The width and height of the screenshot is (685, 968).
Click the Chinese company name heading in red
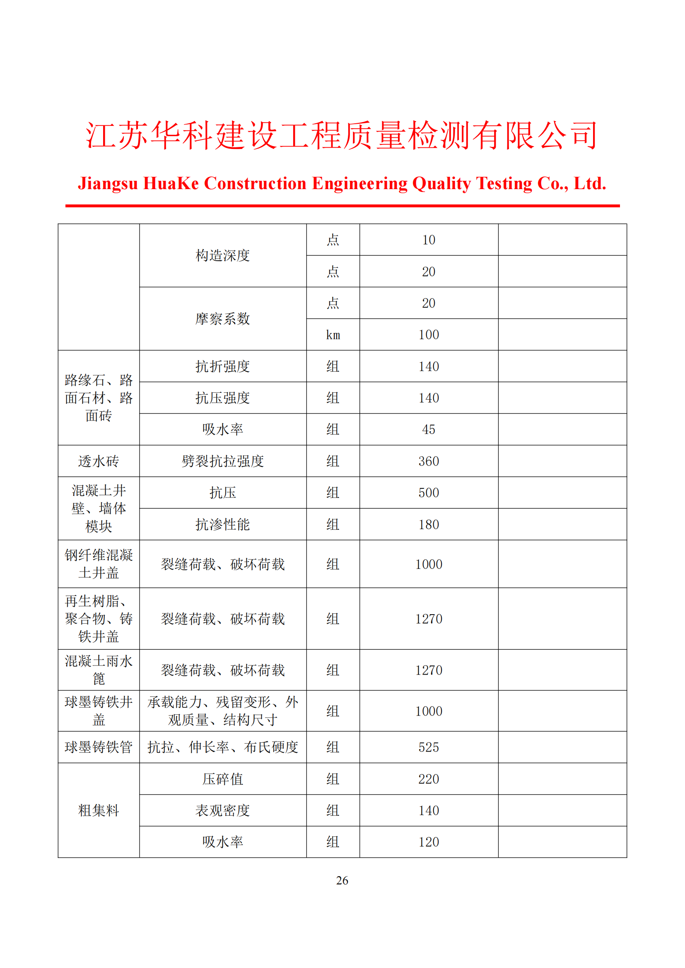[x=342, y=136]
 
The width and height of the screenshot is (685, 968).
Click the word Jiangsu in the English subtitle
[x=108, y=183]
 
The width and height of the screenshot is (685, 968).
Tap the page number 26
[x=342, y=880]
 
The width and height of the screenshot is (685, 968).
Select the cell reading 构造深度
[x=223, y=255]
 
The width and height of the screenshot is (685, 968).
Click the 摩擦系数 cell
[x=223, y=319]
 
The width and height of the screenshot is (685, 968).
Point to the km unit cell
[x=333, y=335]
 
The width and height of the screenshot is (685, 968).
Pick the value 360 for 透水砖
[x=429, y=461]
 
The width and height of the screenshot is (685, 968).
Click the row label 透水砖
[x=99, y=461]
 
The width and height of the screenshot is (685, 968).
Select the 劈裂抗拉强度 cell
[x=223, y=461]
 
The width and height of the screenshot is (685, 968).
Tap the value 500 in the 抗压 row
[x=429, y=493]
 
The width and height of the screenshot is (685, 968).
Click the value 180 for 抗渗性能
[x=429, y=524]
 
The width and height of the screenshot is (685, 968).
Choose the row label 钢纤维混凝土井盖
[x=99, y=564]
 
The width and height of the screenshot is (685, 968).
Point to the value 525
[x=429, y=747]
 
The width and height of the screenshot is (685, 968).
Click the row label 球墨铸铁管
[x=99, y=747]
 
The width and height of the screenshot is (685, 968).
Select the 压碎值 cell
[x=223, y=779]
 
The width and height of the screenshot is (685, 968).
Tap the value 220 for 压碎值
[x=429, y=779]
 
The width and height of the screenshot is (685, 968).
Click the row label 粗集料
[x=99, y=810]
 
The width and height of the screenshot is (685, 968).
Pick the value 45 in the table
[x=429, y=430]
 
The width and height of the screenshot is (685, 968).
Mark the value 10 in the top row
[x=429, y=240]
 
